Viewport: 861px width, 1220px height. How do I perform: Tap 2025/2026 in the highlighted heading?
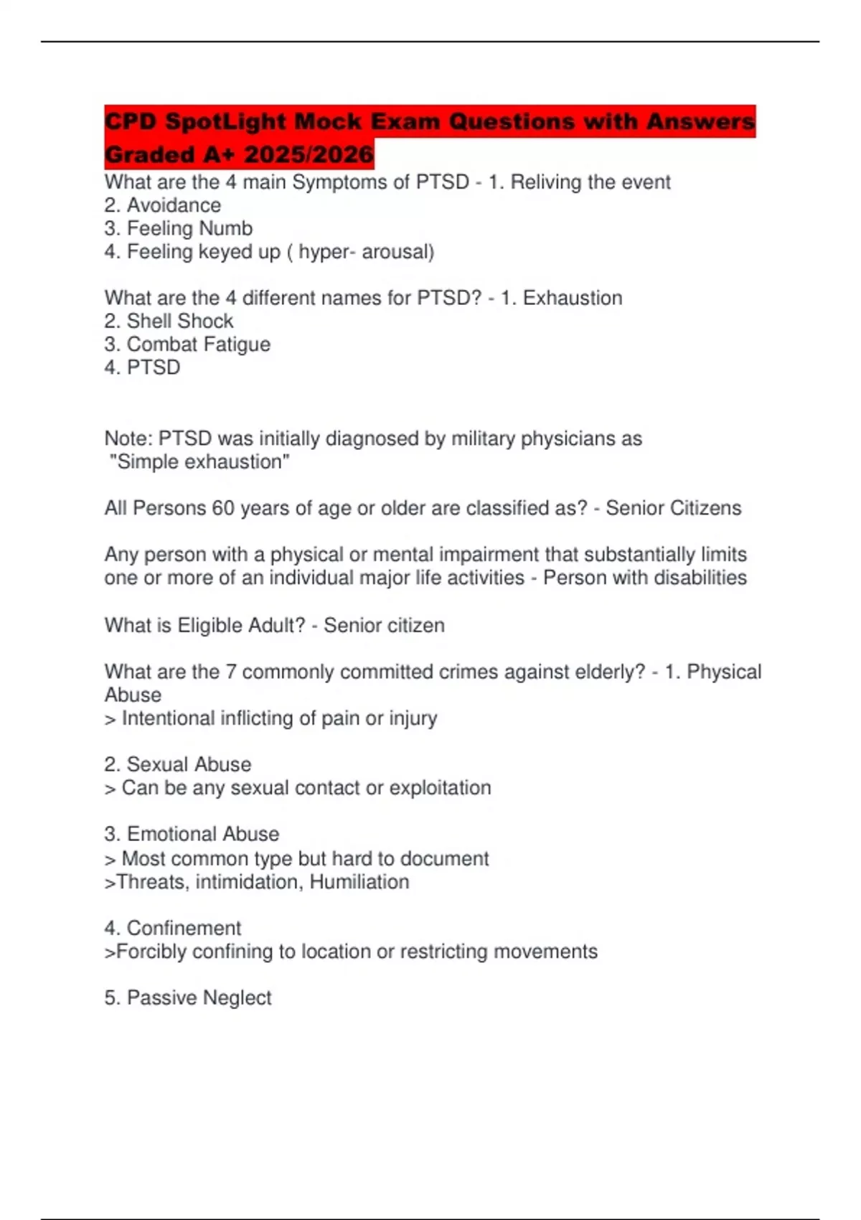coord(309,154)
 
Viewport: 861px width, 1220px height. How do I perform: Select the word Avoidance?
coord(174,205)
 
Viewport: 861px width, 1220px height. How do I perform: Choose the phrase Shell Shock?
coord(180,321)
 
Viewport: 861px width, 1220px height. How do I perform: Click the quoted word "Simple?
coord(144,461)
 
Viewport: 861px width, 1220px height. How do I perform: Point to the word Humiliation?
coord(359,882)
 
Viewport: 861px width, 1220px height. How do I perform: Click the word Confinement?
coord(184,928)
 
